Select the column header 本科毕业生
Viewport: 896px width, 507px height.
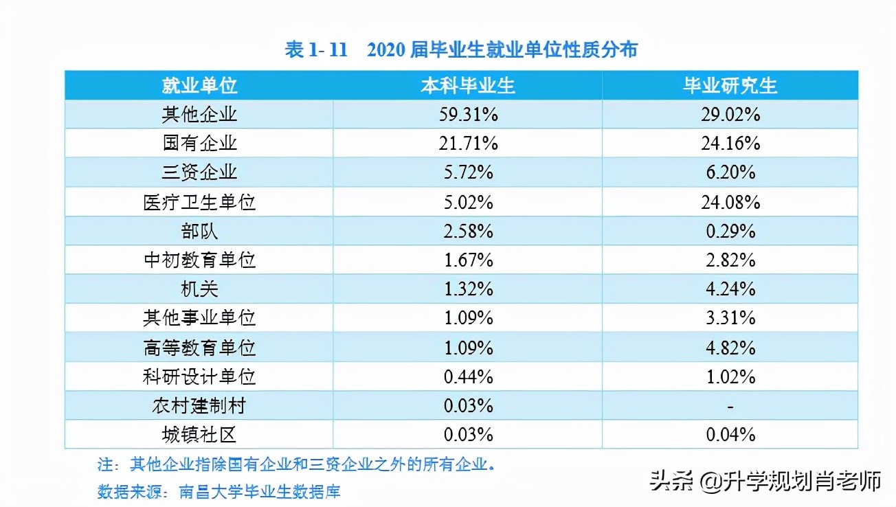tap(468, 85)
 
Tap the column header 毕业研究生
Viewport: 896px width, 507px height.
tap(730, 85)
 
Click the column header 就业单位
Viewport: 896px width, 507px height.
tap(199, 85)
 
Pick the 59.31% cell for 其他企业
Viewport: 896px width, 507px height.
tap(468, 114)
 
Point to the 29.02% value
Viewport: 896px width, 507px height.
tap(730, 114)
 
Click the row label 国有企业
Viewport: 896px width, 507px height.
tap(199, 143)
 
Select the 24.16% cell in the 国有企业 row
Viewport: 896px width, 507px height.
tap(730, 143)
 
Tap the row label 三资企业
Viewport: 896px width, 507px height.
tap(199, 172)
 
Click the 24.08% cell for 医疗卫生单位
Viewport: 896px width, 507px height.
tap(730, 202)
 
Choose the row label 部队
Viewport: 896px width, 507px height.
tap(199, 231)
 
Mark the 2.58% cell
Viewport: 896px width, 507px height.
tap(468, 231)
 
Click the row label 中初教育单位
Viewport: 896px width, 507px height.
tap(199, 260)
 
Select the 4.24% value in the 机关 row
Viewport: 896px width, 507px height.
tap(730, 289)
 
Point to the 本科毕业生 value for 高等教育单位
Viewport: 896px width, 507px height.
tap(468, 348)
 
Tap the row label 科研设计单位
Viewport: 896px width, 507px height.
tap(199, 376)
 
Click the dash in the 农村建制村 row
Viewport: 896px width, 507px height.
tap(730, 406)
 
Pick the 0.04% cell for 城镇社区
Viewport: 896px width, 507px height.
tap(730, 435)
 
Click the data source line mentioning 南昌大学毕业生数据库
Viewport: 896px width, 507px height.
tap(219, 491)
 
